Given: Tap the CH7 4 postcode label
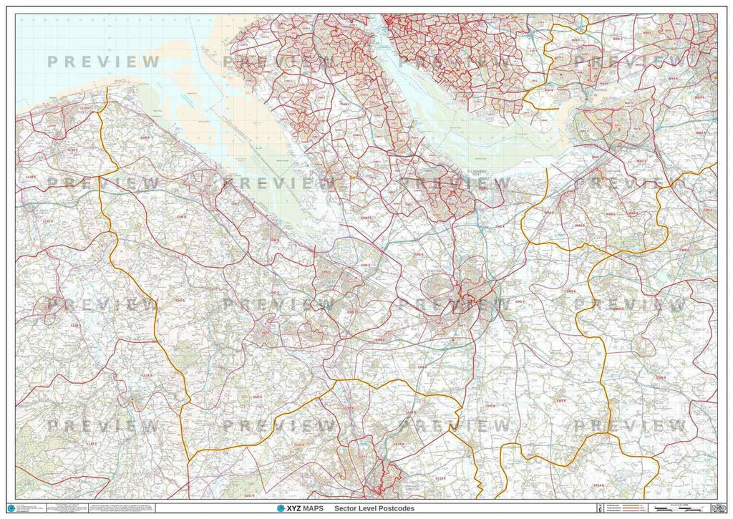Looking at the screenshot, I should pyautogui.click(x=256, y=396).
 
